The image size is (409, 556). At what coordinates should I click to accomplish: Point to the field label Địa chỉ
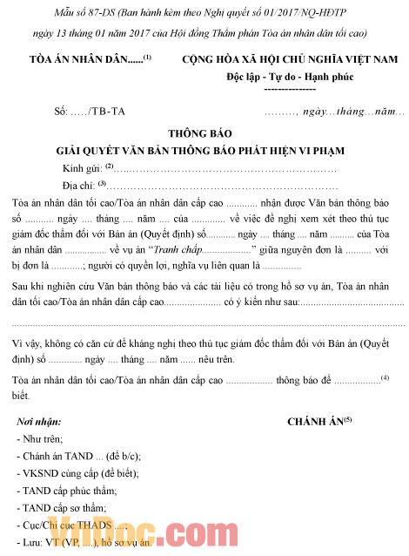pyautogui.click(x=79, y=185)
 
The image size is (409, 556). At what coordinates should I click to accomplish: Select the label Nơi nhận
pyautogui.click(x=40, y=423)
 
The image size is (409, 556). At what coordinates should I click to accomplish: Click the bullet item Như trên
pyautogui.click(x=40, y=439)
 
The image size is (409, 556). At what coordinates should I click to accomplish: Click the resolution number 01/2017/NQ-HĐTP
pyautogui.click(x=294, y=10)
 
